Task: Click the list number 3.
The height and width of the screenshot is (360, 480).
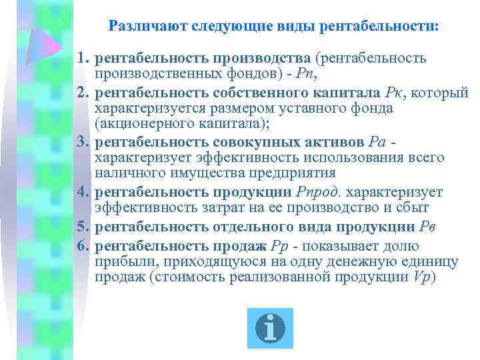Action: point(83,142)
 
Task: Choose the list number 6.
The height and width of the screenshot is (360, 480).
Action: point(83,246)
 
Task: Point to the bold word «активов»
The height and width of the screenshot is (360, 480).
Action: point(329,142)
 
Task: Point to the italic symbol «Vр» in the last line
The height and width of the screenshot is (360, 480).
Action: point(422,277)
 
